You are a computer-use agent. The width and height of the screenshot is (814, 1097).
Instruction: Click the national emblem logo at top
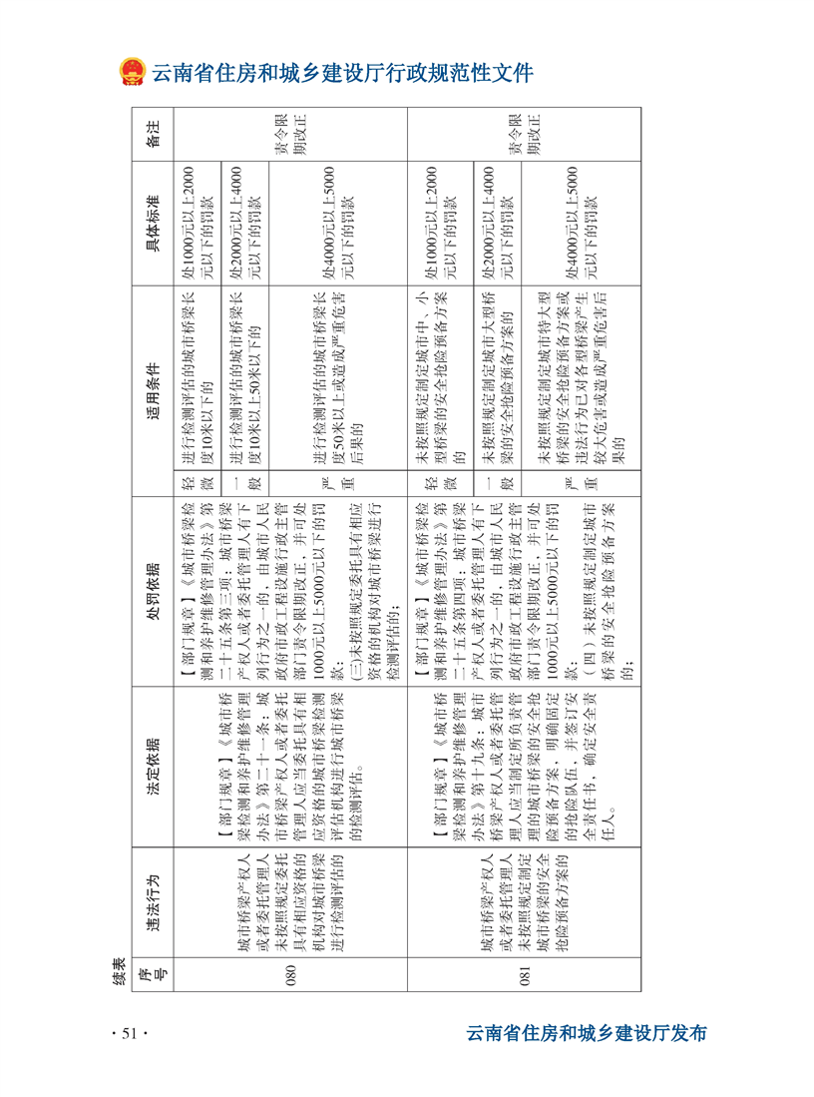pyautogui.click(x=132, y=73)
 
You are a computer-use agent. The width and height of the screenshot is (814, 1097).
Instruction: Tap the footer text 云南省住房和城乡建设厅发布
pyautogui.click(x=587, y=1033)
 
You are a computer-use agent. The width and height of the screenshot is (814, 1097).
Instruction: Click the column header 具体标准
pyautogui.click(x=153, y=224)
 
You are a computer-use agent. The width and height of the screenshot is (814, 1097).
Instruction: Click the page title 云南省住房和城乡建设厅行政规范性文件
pyautogui.click(x=342, y=73)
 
